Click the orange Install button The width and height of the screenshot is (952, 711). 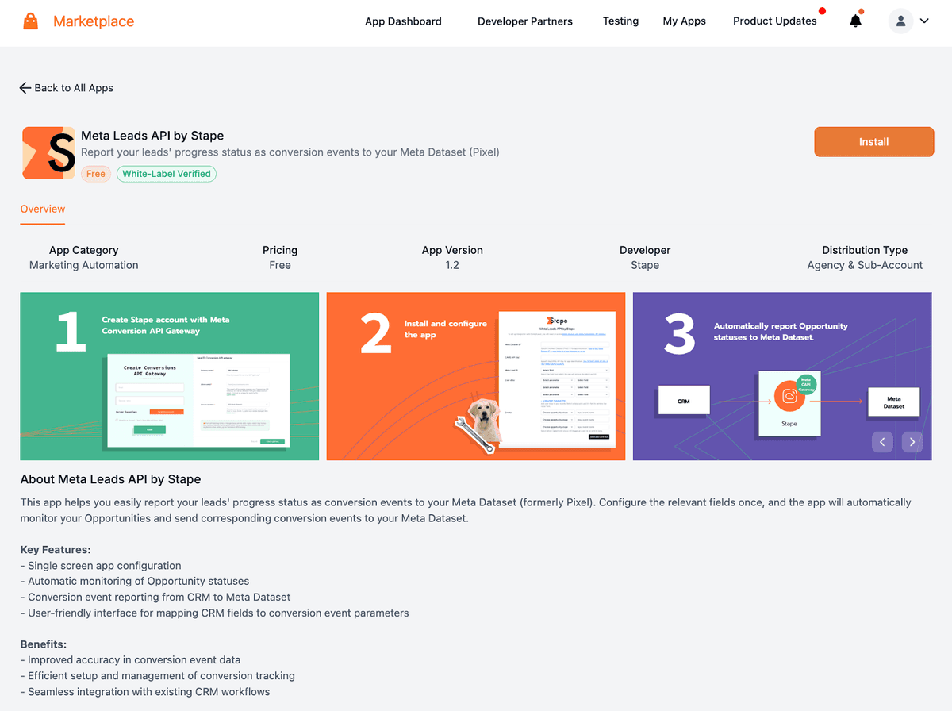(873, 142)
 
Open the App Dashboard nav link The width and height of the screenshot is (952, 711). (403, 21)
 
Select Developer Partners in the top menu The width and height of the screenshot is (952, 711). (524, 21)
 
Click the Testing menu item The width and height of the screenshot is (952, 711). (620, 21)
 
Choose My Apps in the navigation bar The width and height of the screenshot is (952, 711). (684, 21)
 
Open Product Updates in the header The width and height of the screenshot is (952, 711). (774, 21)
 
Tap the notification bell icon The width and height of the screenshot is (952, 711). (855, 21)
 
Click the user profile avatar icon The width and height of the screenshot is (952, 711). (900, 21)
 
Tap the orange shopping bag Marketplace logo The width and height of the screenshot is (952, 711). (31, 21)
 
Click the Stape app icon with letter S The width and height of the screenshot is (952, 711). (48, 153)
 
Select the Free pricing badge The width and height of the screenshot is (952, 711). (96, 174)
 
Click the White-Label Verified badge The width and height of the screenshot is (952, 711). (167, 174)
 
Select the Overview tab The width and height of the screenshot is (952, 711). (43, 209)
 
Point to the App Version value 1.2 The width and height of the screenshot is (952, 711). (452, 265)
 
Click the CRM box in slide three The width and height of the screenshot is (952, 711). (683, 402)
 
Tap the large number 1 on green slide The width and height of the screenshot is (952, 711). (71, 332)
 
